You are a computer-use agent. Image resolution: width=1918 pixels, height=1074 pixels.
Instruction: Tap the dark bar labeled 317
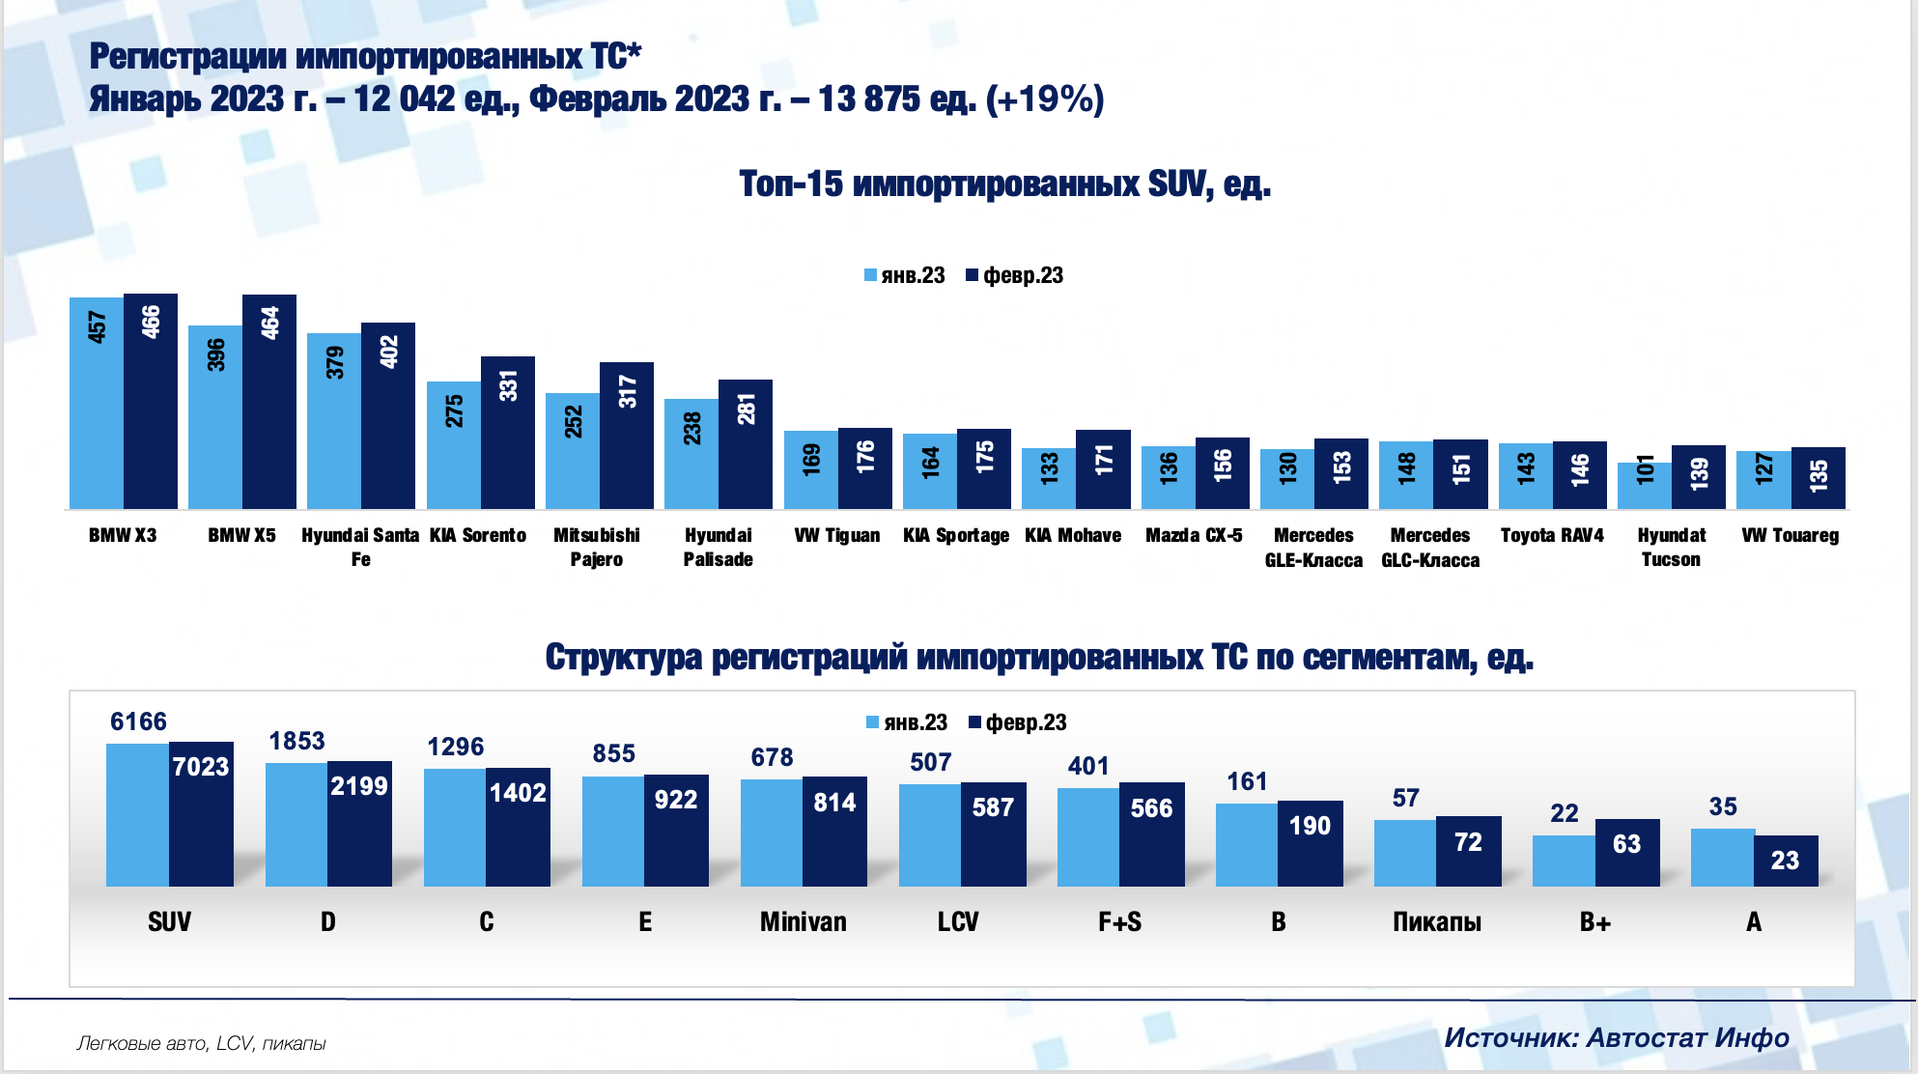[x=627, y=435]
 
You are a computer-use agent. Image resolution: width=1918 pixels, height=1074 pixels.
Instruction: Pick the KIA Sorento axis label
[x=478, y=535]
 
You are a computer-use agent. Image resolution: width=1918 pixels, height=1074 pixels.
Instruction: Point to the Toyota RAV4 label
[x=1552, y=535]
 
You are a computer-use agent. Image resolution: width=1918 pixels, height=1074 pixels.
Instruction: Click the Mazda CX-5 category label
[x=1194, y=535]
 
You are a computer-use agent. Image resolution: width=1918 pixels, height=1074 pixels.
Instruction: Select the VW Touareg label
[x=1790, y=535]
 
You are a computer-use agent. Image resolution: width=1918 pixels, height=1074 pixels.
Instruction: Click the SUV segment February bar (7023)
[x=201, y=816]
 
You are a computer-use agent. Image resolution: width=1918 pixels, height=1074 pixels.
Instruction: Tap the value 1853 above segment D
[x=296, y=741]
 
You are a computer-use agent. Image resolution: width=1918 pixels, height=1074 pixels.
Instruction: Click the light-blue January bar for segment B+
[x=1564, y=861]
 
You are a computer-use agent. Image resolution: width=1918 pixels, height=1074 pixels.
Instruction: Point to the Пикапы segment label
[x=1436, y=922]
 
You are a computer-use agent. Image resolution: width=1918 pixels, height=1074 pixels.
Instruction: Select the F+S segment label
[x=1119, y=922]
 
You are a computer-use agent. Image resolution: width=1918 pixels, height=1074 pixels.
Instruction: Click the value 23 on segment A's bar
[x=1785, y=861]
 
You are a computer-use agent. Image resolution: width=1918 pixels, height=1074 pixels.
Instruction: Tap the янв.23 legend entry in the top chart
[x=905, y=275]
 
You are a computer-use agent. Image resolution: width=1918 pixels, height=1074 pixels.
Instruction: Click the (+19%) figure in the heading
[x=1045, y=99]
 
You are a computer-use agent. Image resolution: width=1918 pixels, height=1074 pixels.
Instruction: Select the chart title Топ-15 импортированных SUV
[x=1004, y=184]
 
